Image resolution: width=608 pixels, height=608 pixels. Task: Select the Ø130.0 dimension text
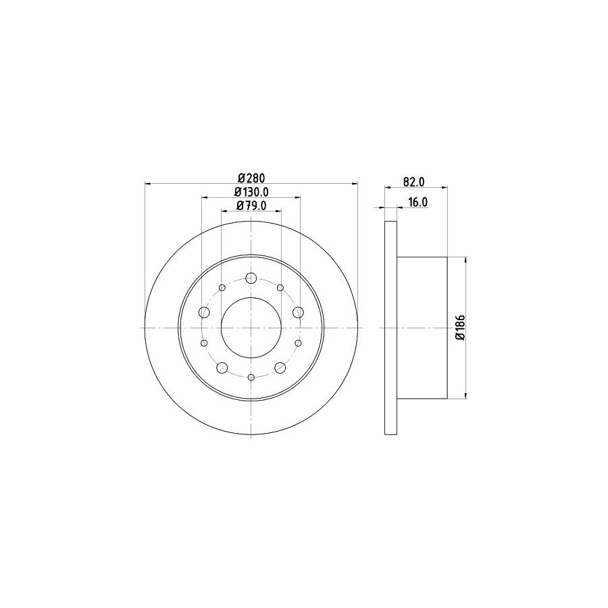251,192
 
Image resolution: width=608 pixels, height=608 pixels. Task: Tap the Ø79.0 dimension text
251,205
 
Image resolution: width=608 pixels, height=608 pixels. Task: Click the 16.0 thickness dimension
417,203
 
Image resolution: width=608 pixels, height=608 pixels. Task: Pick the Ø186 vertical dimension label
461,328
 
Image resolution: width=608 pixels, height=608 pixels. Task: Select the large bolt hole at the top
251,278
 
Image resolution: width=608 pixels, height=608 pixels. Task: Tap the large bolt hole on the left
204,312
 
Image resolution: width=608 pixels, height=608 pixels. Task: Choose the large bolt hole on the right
298,312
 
